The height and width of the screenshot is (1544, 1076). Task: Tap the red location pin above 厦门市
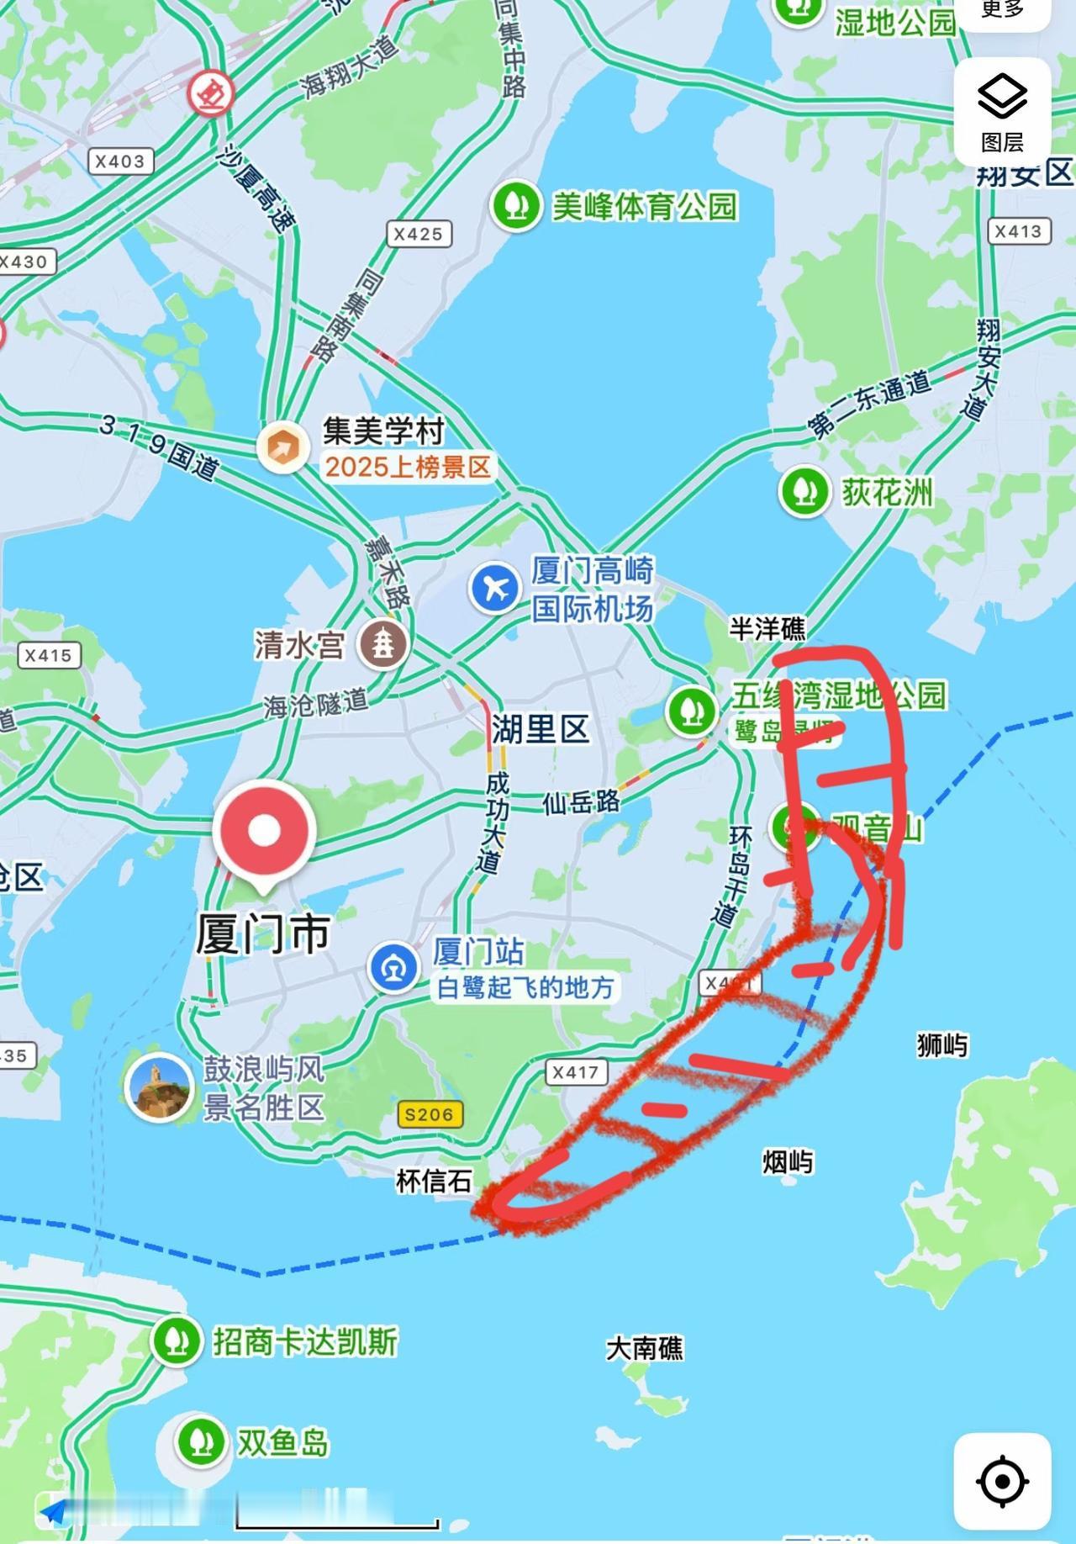264,831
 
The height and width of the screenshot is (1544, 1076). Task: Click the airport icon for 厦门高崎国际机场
495,588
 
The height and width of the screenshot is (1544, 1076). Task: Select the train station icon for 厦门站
393,968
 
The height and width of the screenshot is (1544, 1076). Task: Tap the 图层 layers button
1002,112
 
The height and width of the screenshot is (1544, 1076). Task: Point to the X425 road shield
418,234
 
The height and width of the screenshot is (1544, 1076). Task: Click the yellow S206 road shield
429,1114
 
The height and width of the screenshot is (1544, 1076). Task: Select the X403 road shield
119,161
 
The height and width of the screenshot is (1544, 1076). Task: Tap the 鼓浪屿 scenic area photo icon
159,1087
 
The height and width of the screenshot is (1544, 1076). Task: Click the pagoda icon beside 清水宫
383,644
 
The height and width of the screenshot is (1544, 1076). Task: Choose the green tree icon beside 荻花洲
804,492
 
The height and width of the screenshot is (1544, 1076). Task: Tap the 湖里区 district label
541,729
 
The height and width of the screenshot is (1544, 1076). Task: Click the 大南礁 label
645,1348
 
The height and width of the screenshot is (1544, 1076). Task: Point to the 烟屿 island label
788,1162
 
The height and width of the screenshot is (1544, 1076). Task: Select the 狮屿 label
942,1045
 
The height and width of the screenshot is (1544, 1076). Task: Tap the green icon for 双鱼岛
200,1442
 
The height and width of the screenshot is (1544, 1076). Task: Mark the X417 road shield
576,1072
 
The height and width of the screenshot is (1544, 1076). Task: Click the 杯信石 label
434,1181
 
